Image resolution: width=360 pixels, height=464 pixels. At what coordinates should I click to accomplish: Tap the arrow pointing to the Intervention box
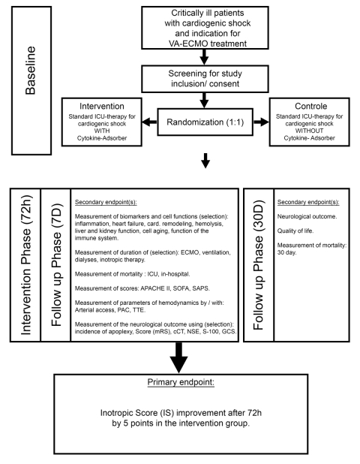(x=149, y=122)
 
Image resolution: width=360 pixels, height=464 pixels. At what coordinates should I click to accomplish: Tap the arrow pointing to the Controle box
(x=261, y=122)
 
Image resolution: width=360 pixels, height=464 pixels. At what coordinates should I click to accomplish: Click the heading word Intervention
(x=102, y=106)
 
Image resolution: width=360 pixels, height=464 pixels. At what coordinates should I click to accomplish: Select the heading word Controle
(x=311, y=106)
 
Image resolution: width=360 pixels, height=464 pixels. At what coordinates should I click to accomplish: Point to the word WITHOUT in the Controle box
(x=309, y=131)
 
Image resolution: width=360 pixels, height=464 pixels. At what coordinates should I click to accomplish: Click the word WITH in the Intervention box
(x=102, y=131)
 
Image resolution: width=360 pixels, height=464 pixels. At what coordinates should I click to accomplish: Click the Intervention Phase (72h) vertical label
(x=25, y=265)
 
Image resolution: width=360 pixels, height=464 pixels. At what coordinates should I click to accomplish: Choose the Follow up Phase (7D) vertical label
(x=56, y=265)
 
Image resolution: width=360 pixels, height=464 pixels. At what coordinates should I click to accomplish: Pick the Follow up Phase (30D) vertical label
(x=259, y=265)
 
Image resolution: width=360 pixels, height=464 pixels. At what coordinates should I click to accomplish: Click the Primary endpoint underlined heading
(x=181, y=382)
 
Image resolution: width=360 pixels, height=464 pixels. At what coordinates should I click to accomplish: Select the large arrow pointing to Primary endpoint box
(x=178, y=358)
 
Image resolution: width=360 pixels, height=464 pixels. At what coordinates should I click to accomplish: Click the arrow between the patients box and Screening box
(x=204, y=57)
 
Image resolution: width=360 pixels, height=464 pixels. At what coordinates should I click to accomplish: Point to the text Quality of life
(x=295, y=230)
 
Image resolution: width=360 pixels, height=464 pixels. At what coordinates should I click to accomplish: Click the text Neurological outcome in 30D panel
(x=307, y=217)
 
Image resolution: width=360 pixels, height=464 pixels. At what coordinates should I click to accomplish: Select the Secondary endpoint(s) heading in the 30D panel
(x=308, y=202)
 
